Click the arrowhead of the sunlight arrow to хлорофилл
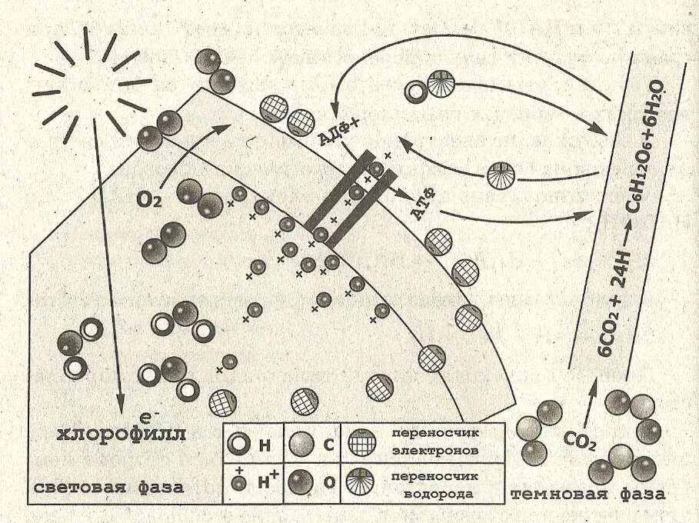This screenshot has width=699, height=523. point(120,406)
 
